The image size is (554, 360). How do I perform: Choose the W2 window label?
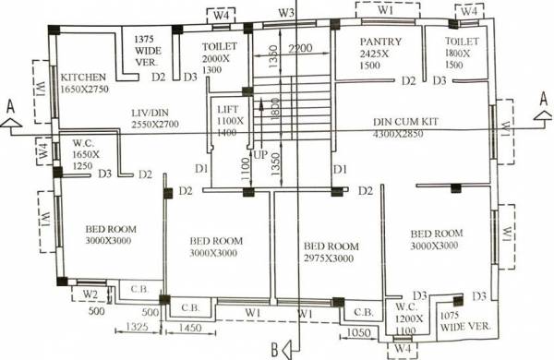click(90, 294)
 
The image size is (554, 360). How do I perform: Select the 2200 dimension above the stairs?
click(298, 49)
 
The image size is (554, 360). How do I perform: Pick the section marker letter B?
click(274, 348)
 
